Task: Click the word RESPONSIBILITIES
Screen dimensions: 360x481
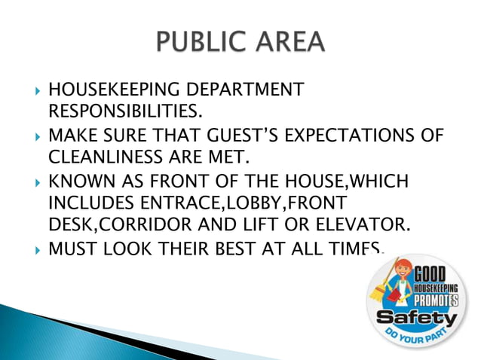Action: pos(125,113)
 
